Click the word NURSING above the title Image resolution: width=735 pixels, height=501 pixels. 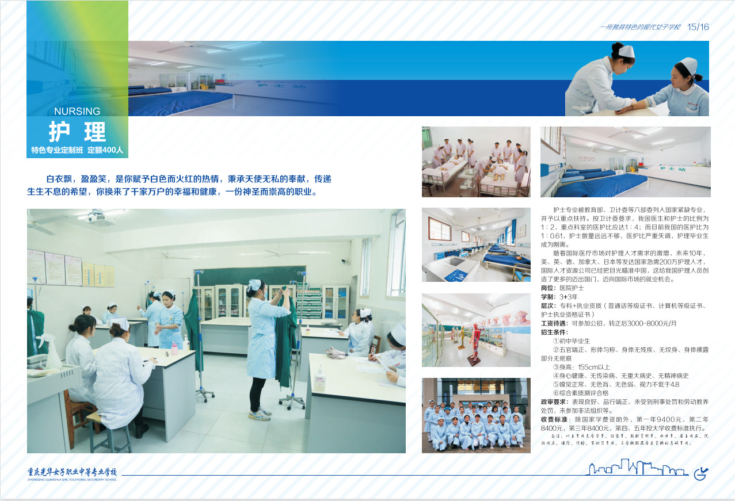click(x=77, y=112)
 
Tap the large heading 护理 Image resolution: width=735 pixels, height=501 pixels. click(x=77, y=132)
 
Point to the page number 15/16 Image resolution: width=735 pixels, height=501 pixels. click(x=698, y=27)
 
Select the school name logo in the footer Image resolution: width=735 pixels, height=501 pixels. click(x=72, y=473)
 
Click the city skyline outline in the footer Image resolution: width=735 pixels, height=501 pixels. click(x=637, y=468)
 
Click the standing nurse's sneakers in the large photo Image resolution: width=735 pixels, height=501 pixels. click(x=260, y=413)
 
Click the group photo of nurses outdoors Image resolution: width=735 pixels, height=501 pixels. click(x=476, y=415)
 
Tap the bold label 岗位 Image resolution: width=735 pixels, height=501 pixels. click(x=549, y=288)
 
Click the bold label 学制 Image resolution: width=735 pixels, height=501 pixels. click(x=549, y=297)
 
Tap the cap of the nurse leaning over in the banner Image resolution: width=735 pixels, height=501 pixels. click(x=626, y=51)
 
